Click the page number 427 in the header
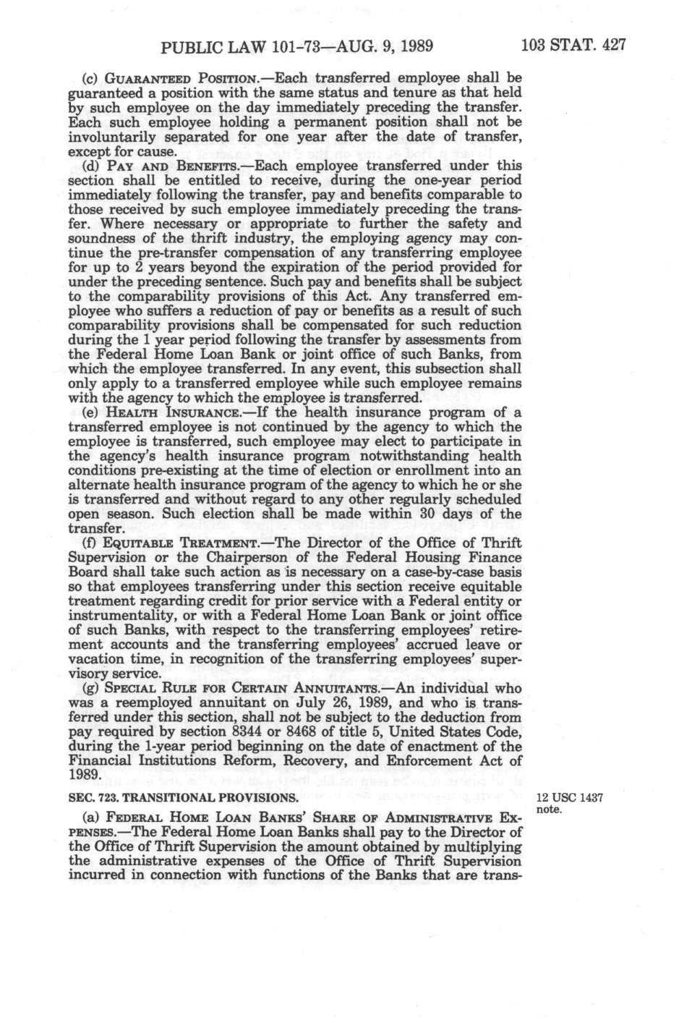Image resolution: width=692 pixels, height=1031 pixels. [611, 46]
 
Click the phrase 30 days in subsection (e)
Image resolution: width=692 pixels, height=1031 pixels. [443, 514]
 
